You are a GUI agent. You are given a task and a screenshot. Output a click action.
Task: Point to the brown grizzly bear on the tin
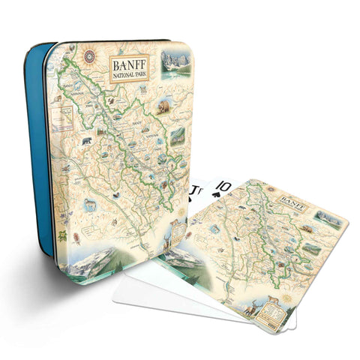point(163,107)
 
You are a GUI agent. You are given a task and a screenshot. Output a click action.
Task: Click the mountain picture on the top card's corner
point(328,218)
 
